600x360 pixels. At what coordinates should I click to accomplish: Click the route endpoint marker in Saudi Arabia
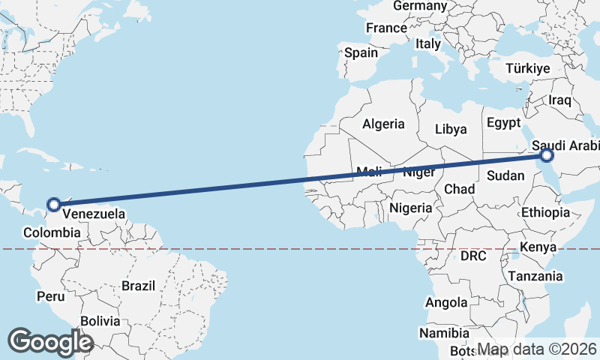547,155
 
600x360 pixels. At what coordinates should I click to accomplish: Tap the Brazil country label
139,286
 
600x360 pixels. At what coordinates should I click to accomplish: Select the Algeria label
383,124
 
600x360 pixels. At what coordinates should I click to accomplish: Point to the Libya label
451,129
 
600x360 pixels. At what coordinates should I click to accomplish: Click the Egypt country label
502,122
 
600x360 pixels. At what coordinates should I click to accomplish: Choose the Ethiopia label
547,212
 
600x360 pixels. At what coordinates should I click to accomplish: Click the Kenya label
538,247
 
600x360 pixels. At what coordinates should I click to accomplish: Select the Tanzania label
535,276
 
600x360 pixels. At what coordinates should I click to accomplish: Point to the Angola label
446,302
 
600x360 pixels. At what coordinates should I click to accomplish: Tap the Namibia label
444,333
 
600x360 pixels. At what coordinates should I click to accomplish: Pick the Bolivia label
100,320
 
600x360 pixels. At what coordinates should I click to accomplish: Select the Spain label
361,53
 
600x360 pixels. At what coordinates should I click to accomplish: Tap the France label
386,28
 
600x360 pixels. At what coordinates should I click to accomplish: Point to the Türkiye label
528,68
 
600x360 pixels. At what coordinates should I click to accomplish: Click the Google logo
50,341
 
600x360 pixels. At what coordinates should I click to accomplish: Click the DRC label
474,256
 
